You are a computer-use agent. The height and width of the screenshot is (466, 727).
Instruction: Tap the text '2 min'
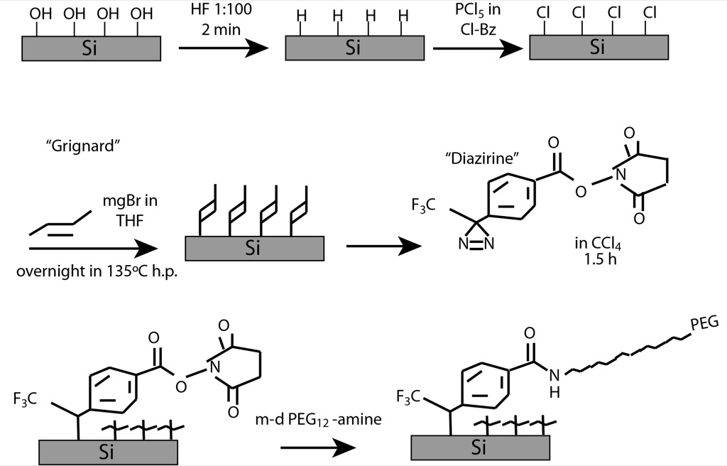tap(222, 32)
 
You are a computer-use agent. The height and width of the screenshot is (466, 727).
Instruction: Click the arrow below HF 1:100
tap(224, 49)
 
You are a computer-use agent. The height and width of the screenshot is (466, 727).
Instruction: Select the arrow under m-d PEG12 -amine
tap(317, 448)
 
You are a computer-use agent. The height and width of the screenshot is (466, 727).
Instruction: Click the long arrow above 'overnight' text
tap(93, 247)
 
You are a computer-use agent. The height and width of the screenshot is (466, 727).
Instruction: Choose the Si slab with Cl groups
tap(598, 48)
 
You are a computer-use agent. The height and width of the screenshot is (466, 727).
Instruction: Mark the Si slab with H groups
tap(353, 48)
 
